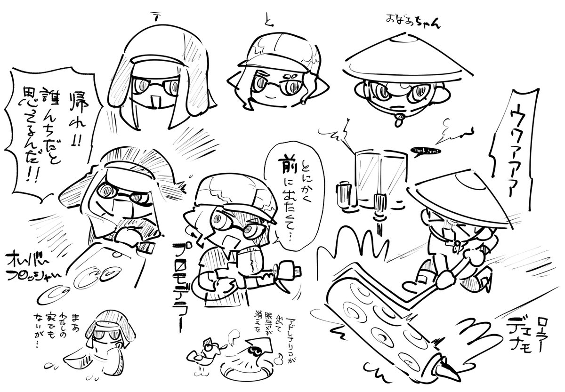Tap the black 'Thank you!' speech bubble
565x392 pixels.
pyautogui.click(x=426, y=151)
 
